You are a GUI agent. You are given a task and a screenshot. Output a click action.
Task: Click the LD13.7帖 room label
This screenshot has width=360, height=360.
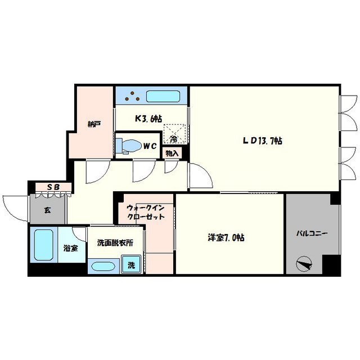pyautogui.click(x=263, y=141)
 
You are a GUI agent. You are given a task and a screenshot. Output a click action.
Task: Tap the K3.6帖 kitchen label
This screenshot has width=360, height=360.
pyautogui.click(x=148, y=119)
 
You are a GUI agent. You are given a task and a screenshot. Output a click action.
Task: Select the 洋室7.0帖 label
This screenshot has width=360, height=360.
pyautogui.click(x=226, y=237)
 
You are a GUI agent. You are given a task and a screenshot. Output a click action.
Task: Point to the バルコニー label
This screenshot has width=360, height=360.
pyautogui.click(x=312, y=234)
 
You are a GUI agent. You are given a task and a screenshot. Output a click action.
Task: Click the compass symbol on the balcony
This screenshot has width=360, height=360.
pyautogui.click(x=304, y=264)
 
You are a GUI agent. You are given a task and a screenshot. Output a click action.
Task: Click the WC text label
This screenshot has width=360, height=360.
pyautogui.click(x=150, y=146)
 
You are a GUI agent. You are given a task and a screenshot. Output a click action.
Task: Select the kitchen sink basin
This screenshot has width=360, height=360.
pyautogui.click(x=163, y=96)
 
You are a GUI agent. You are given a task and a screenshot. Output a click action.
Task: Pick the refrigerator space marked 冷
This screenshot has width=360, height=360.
pyautogui.click(x=174, y=134)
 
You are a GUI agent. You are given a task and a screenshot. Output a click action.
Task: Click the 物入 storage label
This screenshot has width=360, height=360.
pyautogui.click(x=172, y=154)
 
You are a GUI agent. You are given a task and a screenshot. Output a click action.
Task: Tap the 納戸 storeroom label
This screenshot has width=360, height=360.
pyautogui.click(x=94, y=124)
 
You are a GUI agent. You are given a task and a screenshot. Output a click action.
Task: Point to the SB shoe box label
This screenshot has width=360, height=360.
pyautogui.click(x=53, y=187)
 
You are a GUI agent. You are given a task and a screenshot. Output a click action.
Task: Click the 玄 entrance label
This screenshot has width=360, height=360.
pyautogui.click(x=47, y=210)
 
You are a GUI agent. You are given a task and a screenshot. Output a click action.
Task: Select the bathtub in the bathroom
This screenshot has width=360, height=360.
pyautogui.click(x=44, y=245)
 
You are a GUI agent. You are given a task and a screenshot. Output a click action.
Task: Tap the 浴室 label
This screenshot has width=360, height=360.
pyautogui.click(x=71, y=248)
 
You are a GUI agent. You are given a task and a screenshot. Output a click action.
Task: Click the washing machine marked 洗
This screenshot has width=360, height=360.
pyautogui.click(x=131, y=264)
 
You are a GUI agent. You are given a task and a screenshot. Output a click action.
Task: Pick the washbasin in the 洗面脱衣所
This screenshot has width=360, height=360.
pyautogui.click(x=103, y=266)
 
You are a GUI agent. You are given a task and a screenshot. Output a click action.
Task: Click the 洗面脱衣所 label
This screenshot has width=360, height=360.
pyautogui.click(x=115, y=242)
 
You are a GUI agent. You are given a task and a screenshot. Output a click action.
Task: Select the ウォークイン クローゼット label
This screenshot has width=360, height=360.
pyautogui.click(x=146, y=212)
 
